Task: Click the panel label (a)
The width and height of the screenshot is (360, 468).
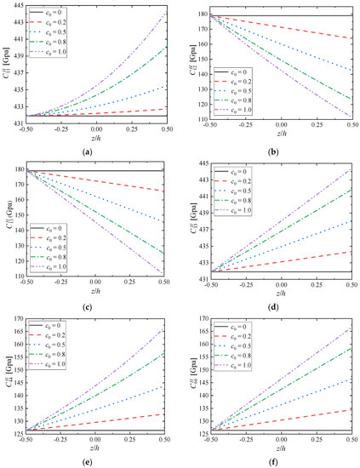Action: click(94, 151)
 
